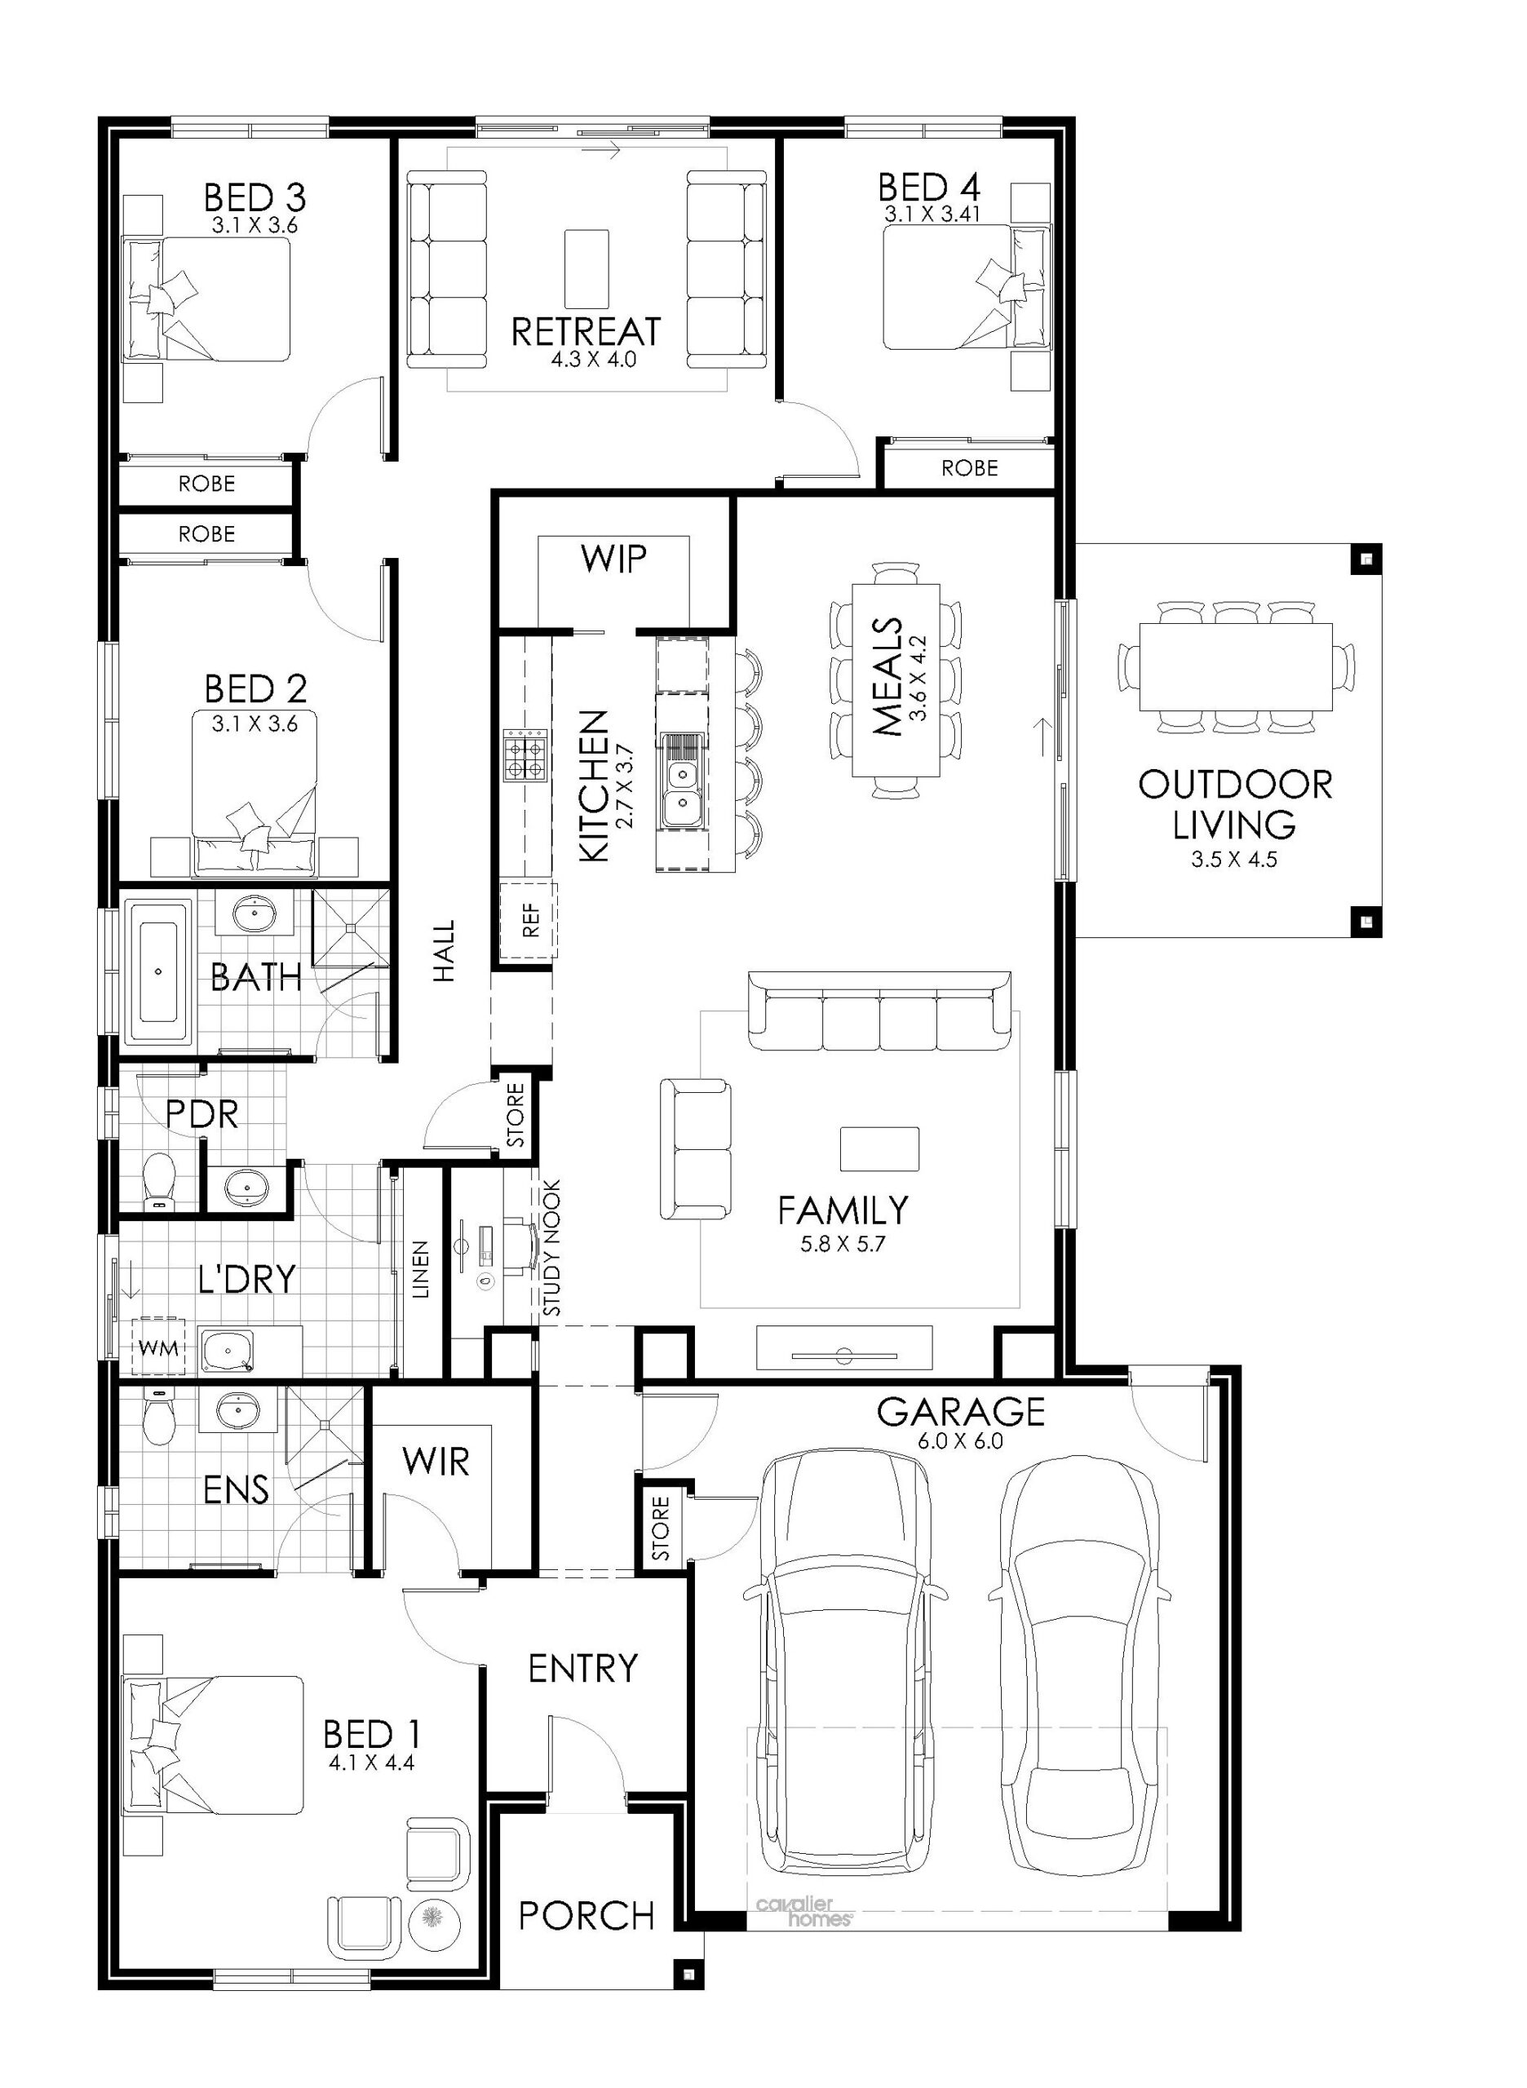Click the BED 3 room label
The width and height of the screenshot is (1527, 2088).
pyautogui.click(x=254, y=197)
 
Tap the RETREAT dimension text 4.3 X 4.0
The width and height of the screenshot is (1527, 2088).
pyautogui.click(x=593, y=360)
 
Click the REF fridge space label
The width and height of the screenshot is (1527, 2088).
pyautogui.click(x=530, y=920)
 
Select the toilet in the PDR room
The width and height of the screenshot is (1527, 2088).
pyautogui.click(x=160, y=1181)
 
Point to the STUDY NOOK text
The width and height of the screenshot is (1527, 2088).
pyautogui.click(x=552, y=1248)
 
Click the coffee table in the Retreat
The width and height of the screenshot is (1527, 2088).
pyautogui.click(x=587, y=269)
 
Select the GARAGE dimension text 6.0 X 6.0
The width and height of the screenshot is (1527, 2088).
pyautogui.click(x=961, y=1441)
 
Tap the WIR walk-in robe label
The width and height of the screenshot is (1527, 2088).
pyautogui.click(x=436, y=1462)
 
